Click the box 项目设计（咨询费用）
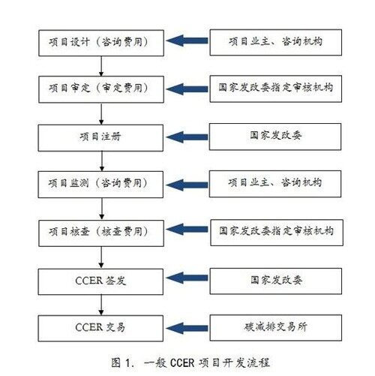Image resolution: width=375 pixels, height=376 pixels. point(101,43)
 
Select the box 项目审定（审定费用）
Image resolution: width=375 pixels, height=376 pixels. point(101,89)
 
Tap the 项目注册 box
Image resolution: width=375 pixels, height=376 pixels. point(100,138)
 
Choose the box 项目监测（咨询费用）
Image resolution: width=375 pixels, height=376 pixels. point(100,185)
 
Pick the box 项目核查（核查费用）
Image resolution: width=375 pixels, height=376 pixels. point(101,233)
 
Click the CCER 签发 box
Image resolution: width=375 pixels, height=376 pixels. point(100,281)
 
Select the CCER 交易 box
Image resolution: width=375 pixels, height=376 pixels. point(100,328)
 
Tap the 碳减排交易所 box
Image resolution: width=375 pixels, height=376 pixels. point(276,328)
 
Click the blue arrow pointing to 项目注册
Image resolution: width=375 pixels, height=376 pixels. point(187,137)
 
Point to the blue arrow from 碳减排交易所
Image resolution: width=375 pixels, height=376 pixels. point(187,328)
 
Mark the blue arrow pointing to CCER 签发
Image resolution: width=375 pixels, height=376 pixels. point(187,278)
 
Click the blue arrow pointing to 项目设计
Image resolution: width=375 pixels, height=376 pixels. point(187,41)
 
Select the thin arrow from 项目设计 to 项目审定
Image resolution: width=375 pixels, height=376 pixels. point(101,66)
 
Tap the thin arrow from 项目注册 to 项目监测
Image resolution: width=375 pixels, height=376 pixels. point(102,161)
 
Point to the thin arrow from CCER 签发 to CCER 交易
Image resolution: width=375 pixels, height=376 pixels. point(101,305)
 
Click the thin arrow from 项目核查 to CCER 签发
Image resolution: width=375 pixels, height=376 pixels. point(101,257)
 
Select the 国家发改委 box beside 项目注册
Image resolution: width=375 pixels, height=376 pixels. point(275,137)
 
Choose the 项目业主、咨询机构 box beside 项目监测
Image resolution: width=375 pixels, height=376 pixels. point(275,184)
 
